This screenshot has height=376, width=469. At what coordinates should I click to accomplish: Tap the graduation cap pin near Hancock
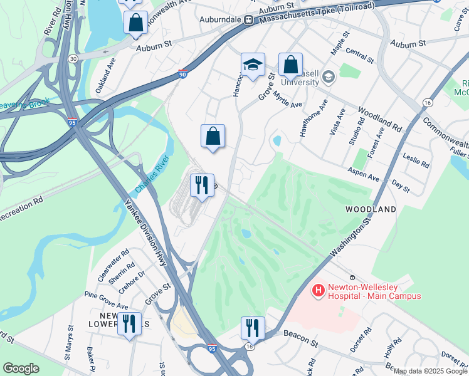pyautogui.click(x=253, y=65)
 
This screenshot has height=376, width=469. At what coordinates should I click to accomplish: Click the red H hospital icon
pyautogui.click(x=319, y=291)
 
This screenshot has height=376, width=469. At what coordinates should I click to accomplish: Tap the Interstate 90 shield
pyautogui.click(x=182, y=73)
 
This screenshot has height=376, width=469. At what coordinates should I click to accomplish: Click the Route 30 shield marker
pyautogui.click(x=73, y=58)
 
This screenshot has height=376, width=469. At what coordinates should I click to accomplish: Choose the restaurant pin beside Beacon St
pyautogui.click(x=253, y=328)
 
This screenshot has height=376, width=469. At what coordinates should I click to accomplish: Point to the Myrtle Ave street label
pyautogui.click(x=288, y=100)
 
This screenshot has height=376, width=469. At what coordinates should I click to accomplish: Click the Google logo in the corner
pyautogui.click(x=21, y=368)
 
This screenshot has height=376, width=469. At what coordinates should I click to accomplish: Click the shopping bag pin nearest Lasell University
pyautogui.click(x=290, y=65)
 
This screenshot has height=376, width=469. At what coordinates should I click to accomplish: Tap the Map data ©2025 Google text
pyautogui.click(x=430, y=372)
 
